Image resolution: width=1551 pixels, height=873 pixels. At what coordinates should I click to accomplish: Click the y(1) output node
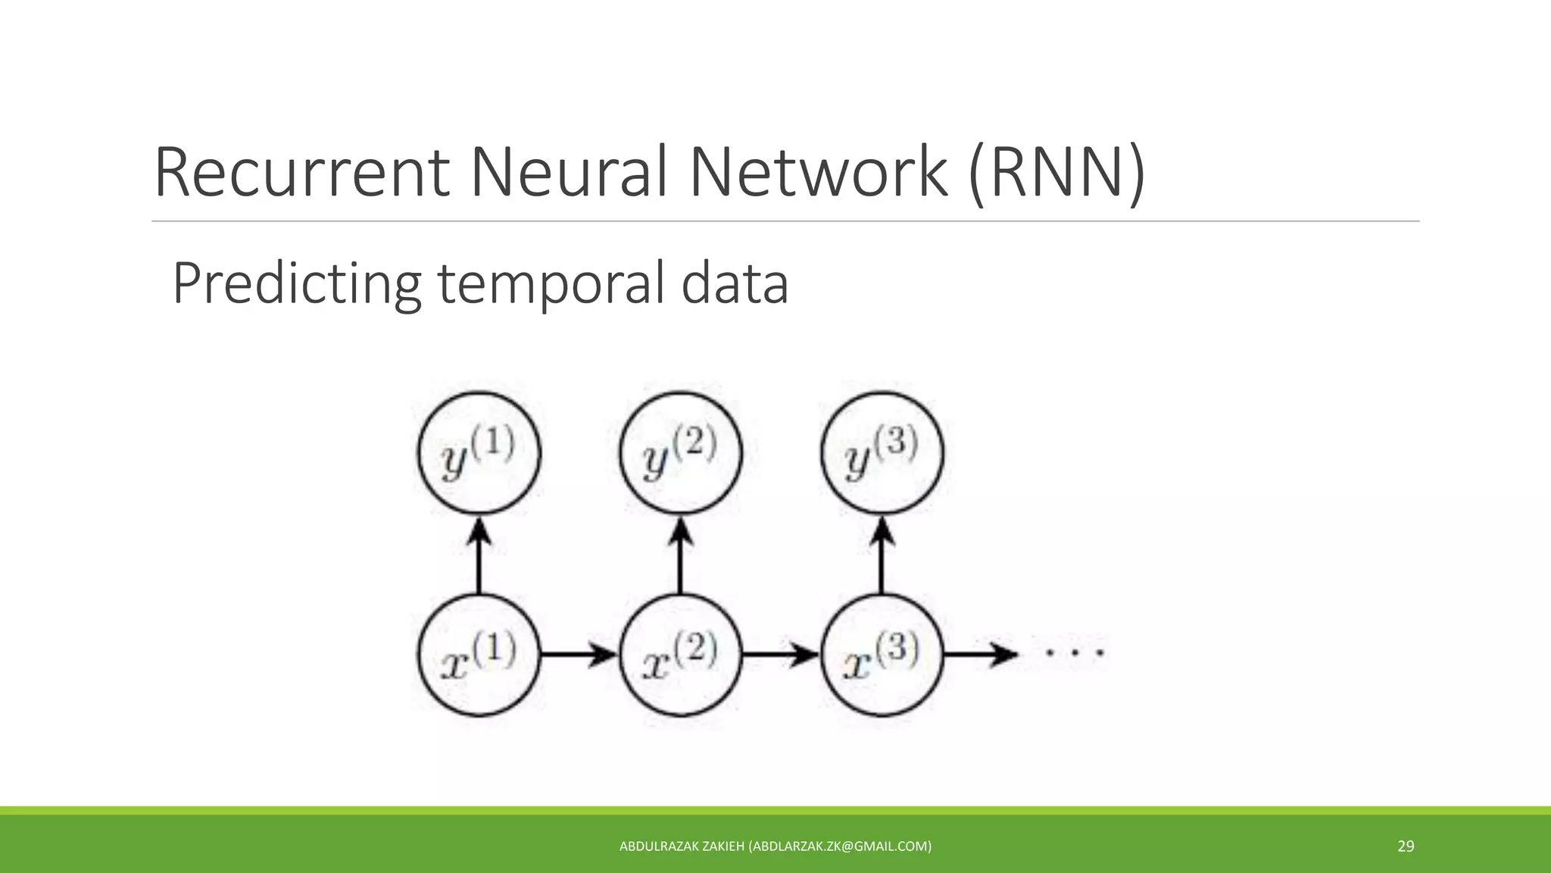(479, 453)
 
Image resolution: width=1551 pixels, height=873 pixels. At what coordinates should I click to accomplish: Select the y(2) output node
(680, 453)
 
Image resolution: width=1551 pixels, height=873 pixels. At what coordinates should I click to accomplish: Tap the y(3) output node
(882, 453)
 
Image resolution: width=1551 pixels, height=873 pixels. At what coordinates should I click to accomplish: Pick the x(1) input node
(479, 655)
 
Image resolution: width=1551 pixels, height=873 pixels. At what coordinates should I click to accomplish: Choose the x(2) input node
(680, 655)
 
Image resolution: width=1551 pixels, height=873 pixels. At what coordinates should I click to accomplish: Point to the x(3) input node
(882, 655)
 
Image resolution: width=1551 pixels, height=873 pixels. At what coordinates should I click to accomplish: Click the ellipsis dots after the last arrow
(1074, 652)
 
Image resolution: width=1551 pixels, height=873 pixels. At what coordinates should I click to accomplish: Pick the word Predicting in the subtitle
(297, 283)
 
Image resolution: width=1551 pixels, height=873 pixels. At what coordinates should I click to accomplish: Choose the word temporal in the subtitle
(551, 283)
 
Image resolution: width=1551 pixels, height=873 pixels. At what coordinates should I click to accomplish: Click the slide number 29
(1406, 846)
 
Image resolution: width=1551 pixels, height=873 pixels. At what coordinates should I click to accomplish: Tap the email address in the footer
(840, 846)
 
